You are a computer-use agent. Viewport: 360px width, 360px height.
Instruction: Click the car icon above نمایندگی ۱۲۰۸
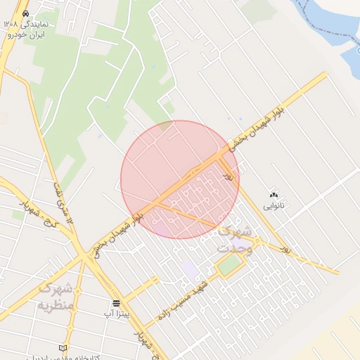coord(26,13)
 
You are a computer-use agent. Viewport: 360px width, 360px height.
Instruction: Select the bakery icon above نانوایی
coord(274,195)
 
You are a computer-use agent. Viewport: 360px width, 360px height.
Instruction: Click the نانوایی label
coord(274,207)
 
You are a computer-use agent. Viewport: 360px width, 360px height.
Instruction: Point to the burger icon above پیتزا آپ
coord(116,303)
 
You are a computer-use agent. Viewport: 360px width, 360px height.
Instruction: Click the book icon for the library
coord(63,348)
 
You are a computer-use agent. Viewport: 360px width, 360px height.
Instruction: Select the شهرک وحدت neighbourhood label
coord(233,239)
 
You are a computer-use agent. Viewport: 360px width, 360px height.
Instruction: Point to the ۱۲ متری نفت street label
coord(63,203)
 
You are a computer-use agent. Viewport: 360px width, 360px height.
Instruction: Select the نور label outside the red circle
coord(285,248)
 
